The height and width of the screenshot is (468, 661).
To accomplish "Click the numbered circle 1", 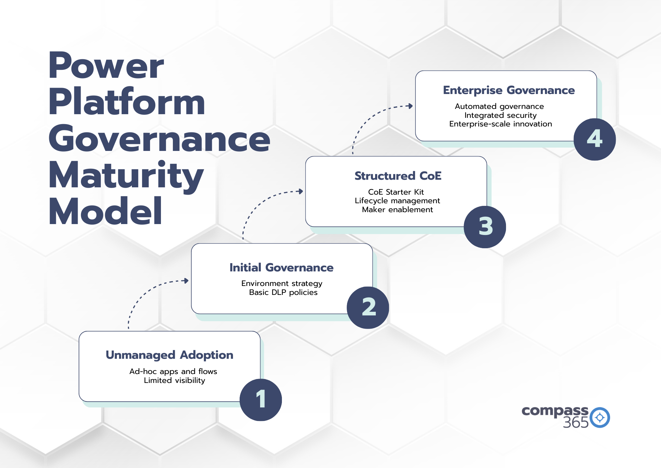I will [x=261, y=399].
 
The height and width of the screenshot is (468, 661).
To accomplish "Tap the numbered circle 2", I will [x=368, y=307].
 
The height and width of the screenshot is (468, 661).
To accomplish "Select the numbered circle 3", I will [x=485, y=227].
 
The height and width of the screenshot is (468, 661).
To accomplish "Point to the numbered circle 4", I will [x=595, y=139].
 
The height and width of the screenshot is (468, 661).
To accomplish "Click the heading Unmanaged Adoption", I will [x=169, y=355].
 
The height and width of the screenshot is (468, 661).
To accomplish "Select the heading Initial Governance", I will [x=281, y=267].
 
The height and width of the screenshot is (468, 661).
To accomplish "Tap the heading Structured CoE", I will [x=398, y=176].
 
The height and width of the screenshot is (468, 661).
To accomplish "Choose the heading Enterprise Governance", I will [x=509, y=90].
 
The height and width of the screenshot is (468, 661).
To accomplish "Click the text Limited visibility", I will [x=174, y=381].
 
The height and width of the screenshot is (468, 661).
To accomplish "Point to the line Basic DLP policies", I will [x=283, y=293].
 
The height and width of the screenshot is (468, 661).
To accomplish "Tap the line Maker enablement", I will [x=397, y=210].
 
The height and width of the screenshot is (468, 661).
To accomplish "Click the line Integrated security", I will [x=500, y=115].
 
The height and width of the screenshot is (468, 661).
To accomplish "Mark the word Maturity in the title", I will [x=126, y=175].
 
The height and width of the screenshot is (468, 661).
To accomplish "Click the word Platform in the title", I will [x=127, y=102].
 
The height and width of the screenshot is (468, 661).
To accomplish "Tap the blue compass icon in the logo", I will [x=600, y=417].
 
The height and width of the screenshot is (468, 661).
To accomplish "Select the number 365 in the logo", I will [x=575, y=423].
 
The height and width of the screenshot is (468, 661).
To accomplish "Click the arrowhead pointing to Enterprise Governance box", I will [x=410, y=106].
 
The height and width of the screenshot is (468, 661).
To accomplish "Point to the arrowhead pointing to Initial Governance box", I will [x=186, y=281].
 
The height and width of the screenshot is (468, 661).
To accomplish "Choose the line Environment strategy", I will [x=282, y=284].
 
